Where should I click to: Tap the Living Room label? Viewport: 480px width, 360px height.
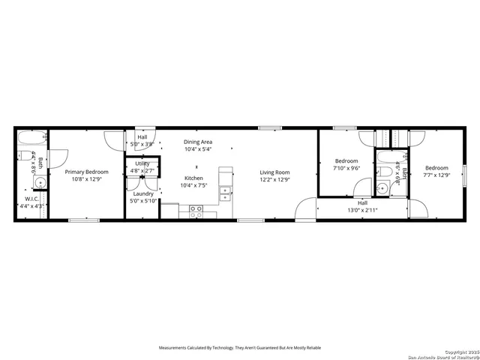[274, 172]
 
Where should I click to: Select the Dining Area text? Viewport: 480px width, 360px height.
[199, 141]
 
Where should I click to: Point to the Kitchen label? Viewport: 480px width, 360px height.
[193, 178]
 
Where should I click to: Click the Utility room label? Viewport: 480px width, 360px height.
[142, 163]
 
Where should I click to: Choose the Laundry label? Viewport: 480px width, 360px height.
[142, 193]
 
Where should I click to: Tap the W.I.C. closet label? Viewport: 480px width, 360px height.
[31, 199]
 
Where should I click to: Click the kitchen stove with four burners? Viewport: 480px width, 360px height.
[196, 211]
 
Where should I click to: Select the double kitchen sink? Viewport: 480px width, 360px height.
[225, 192]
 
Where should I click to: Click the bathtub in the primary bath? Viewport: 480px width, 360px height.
[31, 139]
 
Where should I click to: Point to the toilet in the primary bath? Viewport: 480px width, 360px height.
[24, 156]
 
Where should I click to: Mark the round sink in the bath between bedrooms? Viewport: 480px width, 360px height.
[382, 187]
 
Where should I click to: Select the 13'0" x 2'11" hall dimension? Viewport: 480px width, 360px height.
[363, 210]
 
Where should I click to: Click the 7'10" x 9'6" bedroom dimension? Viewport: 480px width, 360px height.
[346, 168]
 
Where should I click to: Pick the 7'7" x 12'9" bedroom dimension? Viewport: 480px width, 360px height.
[436, 175]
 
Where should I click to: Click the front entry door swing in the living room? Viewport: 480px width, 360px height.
[306, 208]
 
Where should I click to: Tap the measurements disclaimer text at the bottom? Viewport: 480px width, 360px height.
[239, 348]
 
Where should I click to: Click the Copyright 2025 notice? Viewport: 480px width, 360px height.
[459, 351]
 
